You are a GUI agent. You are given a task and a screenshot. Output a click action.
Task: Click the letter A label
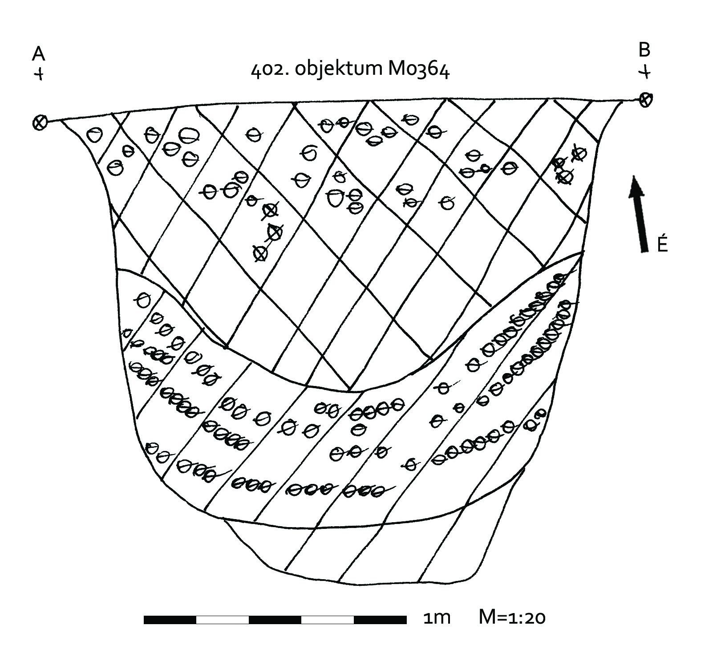tap(39, 54)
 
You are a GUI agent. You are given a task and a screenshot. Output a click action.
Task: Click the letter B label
tap(644, 50)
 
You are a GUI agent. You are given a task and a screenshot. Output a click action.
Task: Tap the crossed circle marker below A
tap(40, 122)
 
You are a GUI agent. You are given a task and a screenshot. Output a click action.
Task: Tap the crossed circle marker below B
tap(645, 99)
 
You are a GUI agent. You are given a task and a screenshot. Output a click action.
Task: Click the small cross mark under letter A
tap(40, 73)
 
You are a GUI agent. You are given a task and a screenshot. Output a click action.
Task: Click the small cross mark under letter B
tap(645, 71)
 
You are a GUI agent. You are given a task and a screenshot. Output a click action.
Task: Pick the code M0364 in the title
tap(419, 70)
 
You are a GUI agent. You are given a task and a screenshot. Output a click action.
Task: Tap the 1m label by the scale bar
tap(437, 618)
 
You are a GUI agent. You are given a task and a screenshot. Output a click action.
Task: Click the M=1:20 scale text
tap(512, 617)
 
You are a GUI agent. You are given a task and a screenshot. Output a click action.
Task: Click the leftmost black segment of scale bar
tap(170, 620)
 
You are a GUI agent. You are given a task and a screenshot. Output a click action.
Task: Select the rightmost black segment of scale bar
tap(380, 620)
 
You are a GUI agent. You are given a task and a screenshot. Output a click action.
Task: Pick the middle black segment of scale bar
tap(275, 620)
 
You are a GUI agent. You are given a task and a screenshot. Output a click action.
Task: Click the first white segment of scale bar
tap(223, 620)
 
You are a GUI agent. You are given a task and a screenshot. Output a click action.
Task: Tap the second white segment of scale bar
tap(328, 620)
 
